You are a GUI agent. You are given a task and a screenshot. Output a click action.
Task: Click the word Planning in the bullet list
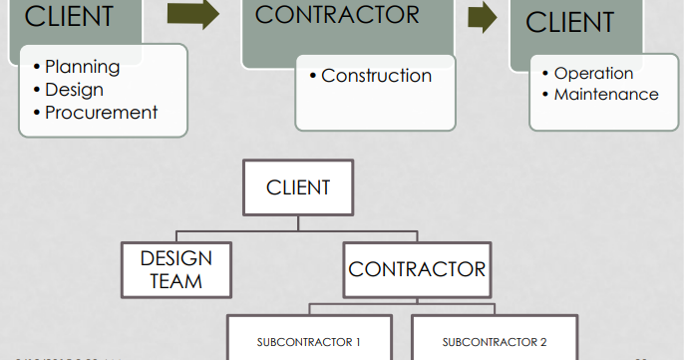[83, 68]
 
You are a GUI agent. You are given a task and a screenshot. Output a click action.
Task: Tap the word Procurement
[102, 113]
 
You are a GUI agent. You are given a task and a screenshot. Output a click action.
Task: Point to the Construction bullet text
[377, 76]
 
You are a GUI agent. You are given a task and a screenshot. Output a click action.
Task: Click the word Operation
[593, 73]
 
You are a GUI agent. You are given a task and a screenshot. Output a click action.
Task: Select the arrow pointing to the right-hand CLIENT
[483, 17]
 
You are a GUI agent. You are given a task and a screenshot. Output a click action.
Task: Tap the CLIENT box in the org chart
[298, 186]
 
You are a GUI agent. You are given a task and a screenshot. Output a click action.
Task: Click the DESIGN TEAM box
[176, 269]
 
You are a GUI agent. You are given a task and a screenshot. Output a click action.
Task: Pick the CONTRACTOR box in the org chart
[417, 269]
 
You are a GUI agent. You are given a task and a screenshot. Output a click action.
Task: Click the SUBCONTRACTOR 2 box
[495, 342]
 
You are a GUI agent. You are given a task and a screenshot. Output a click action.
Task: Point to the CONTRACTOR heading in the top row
[337, 15]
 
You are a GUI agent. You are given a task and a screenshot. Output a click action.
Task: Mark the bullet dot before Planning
[37, 68]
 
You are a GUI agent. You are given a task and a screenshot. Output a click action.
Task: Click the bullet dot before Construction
[313, 76]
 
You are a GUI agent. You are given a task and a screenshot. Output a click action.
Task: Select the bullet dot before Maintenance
[545, 95]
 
